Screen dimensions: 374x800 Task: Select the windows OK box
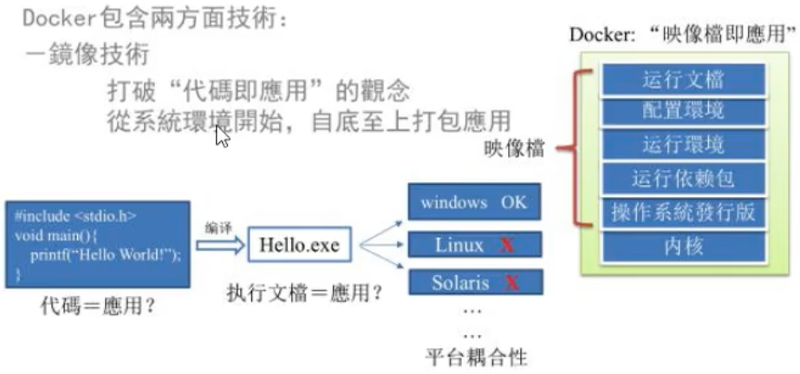[473, 203]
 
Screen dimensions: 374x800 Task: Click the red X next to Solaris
[511, 283]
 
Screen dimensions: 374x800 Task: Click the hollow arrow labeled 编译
[221, 246]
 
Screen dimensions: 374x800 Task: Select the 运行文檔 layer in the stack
[683, 80]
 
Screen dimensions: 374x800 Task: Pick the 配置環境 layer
[683, 112]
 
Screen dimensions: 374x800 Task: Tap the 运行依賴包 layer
[683, 179]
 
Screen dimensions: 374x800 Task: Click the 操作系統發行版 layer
[683, 213]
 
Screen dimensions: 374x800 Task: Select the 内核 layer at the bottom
[683, 246]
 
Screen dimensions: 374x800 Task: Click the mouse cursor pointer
[222, 136]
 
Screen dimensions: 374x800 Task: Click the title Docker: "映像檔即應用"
[683, 35]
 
